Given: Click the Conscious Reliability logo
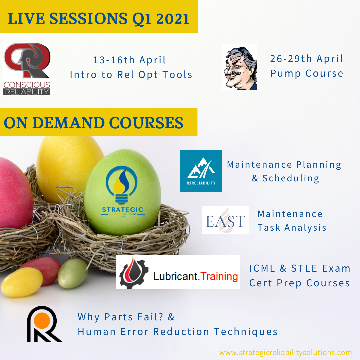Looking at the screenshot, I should click(x=27, y=69).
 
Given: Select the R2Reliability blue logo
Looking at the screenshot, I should click(x=201, y=171).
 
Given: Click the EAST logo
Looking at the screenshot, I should click(x=225, y=220).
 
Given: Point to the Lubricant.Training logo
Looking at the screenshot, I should click(x=178, y=272).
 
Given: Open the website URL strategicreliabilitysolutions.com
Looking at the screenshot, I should click(x=285, y=352).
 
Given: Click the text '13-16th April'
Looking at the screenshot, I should click(x=129, y=60).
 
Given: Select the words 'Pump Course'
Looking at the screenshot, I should click(x=307, y=73).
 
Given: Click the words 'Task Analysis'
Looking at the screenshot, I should click(x=292, y=228).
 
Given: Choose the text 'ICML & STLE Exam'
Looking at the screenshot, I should click(x=300, y=268).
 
